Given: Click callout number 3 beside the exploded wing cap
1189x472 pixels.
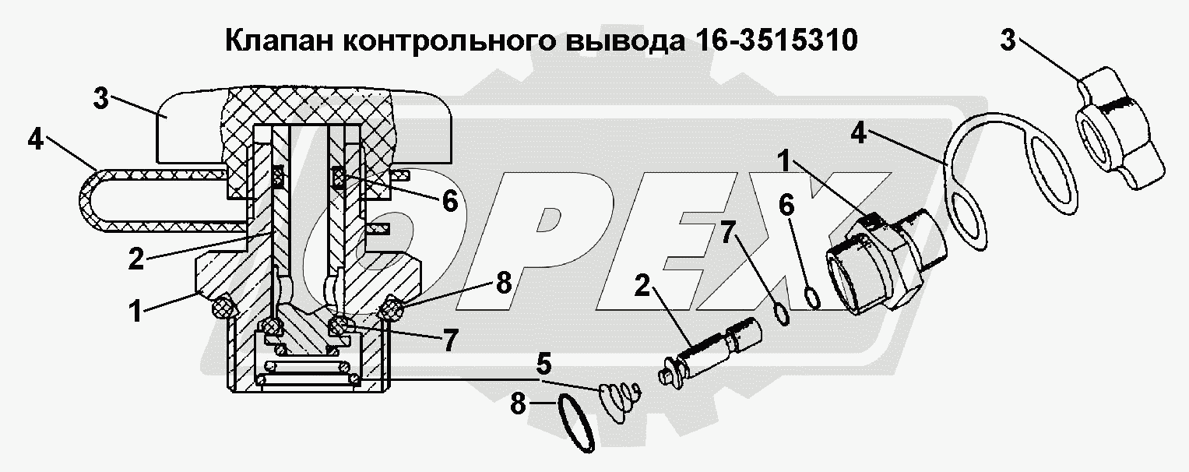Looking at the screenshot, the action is click(x=1008, y=41).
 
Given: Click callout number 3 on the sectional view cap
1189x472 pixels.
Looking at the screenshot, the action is click(x=100, y=99).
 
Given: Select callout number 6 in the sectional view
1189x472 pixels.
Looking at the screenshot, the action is click(x=449, y=201).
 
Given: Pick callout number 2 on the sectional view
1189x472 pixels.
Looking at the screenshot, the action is click(x=136, y=259).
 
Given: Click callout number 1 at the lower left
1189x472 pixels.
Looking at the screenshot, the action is click(x=137, y=311).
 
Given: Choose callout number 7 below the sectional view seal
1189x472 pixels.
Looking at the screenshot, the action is click(x=450, y=340).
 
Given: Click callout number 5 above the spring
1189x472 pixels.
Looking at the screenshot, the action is click(x=543, y=365).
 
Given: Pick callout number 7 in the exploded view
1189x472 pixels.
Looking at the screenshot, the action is click(x=728, y=235).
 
